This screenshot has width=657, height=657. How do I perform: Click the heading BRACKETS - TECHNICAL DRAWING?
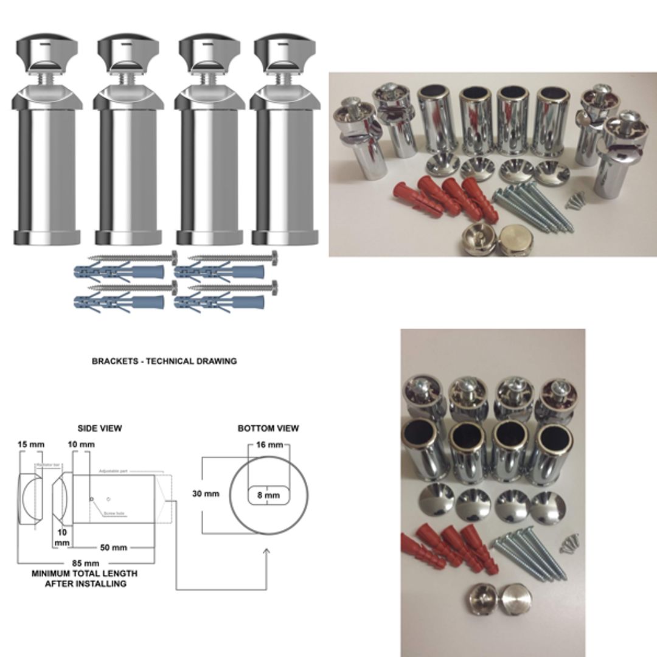pyautogui.click(x=164, y=361)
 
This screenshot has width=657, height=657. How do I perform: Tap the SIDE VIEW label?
pyautogui.click(x=100, y=428)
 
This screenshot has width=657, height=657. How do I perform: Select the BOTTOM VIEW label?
pyautogui.click(x=268, y=428)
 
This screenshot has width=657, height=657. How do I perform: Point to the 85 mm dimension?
pyautogui.click(x=85, y=563)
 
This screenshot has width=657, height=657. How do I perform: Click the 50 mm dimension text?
pyautogui.click(x=114, y=547)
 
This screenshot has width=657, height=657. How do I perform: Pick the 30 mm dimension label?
pyautogui.click(x=206, y=493)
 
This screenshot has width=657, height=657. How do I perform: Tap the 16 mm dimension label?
pyautogui.click(x=268, y=445)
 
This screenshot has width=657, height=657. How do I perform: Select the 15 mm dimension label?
pyautogui.click(x=30, y=444)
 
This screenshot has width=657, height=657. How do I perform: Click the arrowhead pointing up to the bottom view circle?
pyautogui.click(x=266, y=551)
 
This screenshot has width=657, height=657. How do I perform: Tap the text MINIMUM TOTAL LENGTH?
pyautogui.click(x=85, y=573)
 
